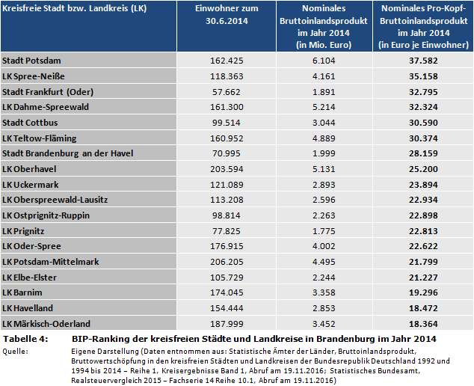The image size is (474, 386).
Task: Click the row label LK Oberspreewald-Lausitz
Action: pyautogui.click(x=55, y=200)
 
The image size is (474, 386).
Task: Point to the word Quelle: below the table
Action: pyautogui.click(x=15, y=350)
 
